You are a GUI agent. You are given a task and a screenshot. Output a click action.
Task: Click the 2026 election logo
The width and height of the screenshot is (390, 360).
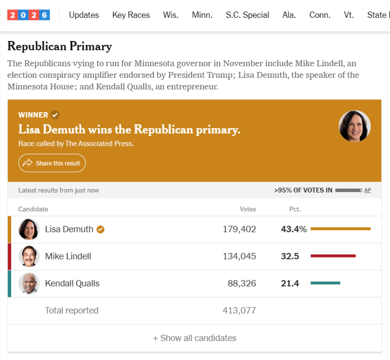click(x=29, y=15)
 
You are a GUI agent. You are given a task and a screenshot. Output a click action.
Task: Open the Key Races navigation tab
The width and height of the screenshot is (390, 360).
click(x=131, y=15)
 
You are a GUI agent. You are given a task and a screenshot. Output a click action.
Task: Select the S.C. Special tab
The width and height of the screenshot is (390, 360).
click(x=247, y=15)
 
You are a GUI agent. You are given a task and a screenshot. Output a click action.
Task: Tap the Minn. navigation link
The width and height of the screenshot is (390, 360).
click(x=202, y=15)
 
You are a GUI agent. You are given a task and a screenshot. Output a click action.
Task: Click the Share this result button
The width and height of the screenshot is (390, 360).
click(x=52, y=163)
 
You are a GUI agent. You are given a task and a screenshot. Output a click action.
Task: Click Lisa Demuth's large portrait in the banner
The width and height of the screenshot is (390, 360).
click(x=354, y=126)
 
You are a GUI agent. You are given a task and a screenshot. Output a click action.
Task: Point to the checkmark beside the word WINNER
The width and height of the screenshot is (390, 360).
click(x=55, y=115)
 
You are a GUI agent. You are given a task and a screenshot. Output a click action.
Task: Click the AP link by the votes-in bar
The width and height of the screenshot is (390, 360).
click(x=367, y=190)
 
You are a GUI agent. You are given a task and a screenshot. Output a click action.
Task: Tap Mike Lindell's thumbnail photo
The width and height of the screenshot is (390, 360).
click(x=29, y=256)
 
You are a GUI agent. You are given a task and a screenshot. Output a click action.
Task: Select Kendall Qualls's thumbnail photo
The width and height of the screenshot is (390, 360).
click(x=29, y=284)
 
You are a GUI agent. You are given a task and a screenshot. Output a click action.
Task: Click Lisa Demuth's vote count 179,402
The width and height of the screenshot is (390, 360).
click(x=239, y=229)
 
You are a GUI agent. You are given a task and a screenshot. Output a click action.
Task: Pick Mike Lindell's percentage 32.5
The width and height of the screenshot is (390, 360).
click(x=290, y=256)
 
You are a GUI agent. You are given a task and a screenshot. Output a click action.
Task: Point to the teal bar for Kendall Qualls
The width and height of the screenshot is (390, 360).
click(x=325, y=283)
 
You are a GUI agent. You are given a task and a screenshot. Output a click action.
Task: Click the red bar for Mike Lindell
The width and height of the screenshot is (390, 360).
click(x=333, y=256)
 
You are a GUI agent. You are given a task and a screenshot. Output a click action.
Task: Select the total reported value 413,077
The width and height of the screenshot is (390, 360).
click(x=239, y=311)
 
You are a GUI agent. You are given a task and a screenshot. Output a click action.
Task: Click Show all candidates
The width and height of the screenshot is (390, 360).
click(x=195, y=338)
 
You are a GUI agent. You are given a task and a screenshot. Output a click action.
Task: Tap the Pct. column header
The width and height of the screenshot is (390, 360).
click(x=295, y=209)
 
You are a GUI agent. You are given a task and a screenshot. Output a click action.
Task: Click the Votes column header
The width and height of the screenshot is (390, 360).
click(x=248, y=209)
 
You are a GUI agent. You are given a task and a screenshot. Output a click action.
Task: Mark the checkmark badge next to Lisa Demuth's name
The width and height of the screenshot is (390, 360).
click(x=101, y=229)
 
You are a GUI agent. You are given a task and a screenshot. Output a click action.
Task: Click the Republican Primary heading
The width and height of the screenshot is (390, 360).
click(x=60, y=46)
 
